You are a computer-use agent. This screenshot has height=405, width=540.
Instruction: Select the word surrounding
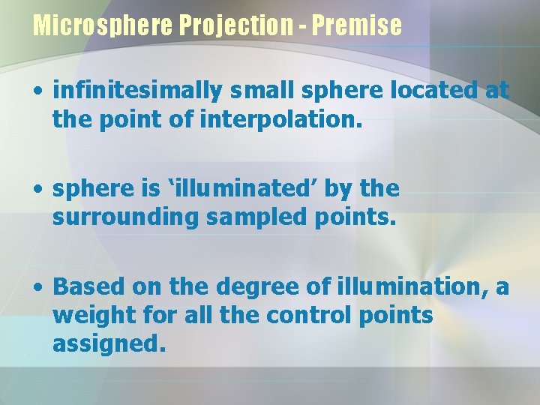[125, 217]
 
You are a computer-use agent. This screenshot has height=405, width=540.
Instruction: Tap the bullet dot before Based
[37, 287]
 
